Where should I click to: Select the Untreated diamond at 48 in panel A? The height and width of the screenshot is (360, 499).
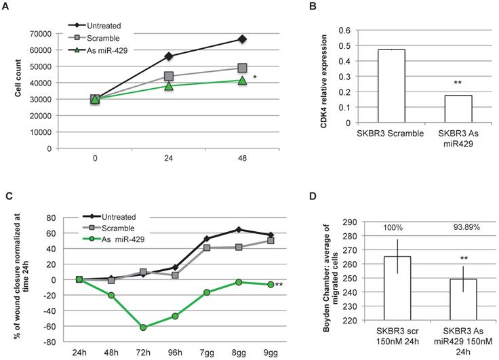(x=241, y=39)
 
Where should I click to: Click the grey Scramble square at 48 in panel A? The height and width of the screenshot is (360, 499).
(x=241, y=68)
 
